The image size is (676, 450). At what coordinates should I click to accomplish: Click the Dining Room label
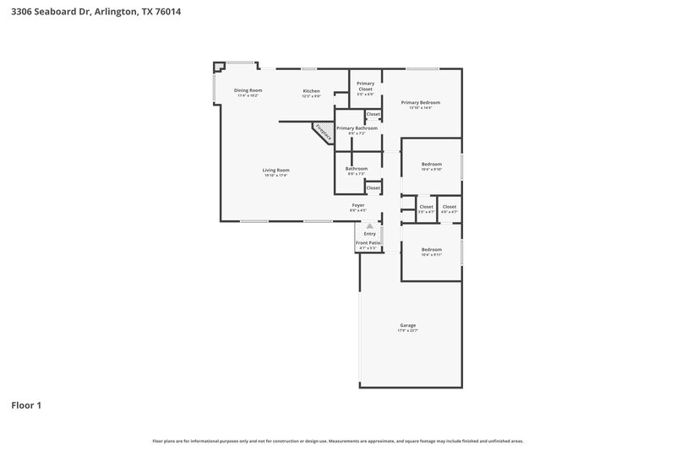click(x=248, y=90)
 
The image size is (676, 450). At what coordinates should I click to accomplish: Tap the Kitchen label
click(x=312, y=90)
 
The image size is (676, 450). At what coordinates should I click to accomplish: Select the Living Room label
click(x=275, y=170)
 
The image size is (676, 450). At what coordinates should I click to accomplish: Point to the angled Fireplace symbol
click(x=322, y=133)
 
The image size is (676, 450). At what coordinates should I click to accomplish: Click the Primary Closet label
click(x=365, y=85)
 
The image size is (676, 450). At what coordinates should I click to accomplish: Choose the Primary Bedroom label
click(x=420, y=102)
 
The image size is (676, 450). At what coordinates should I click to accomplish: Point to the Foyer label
click(x=358, y=205)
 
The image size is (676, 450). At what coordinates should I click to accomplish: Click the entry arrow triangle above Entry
click(x=368, y=226)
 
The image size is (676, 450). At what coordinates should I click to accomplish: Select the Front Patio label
click(x=368, y=242)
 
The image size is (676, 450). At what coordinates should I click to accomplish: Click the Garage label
click(x=408, y=325)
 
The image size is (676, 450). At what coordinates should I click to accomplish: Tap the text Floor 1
click(x=25, y=405)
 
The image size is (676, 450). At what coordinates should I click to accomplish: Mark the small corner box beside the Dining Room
click(x=219, y=68)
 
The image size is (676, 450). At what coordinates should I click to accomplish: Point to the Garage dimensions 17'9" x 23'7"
click(x=408, y=331)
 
